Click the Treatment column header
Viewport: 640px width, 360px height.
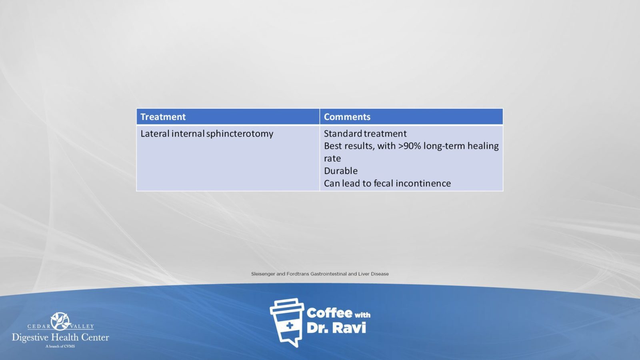(x=163, y=117)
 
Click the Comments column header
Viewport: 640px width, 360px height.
(x=347, y=117)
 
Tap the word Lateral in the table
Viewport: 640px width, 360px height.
(x=155, y=134)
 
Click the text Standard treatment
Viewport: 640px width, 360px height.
(x=365, y=134)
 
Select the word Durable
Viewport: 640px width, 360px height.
(x=340, y=171)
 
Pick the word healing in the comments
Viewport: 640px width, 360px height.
(x=483, y=146)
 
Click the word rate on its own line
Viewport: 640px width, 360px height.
(x=332, y=158)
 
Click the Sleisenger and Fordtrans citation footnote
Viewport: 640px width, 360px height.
(x=320, y=274)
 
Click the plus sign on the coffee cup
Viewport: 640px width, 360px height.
(x=290, y=326)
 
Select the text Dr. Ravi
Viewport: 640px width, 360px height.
(x=336, y=328)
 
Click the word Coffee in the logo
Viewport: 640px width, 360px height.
(x=329, y=313)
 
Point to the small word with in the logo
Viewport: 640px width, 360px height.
(x=362, y=315)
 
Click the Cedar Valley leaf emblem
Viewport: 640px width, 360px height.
(x=60, y=321)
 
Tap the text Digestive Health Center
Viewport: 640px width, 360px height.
(x=60, y=338)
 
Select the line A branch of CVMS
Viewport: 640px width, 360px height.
(x=60, y=346)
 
